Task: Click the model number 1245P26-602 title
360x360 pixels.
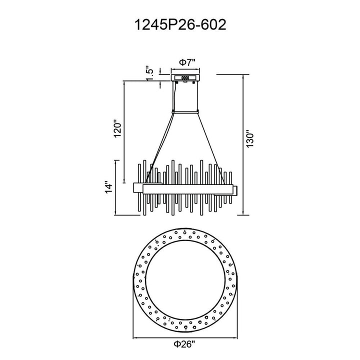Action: pyautogui.click(x=180, y=24)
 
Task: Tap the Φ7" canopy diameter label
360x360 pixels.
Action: pyautogui.click(x=187, y=62)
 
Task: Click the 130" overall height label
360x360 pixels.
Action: pyautogui.click(x=249, y=139)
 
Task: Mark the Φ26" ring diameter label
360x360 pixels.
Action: pyautogui.click(x=184, y=344)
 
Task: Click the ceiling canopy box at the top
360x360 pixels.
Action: pyautogui.click(x=185, y=77)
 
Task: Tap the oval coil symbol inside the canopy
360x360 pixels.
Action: pyautogui.click(x=185, y=78)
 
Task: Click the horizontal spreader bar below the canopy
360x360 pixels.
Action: pyautogui.click(x=185, y=112)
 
